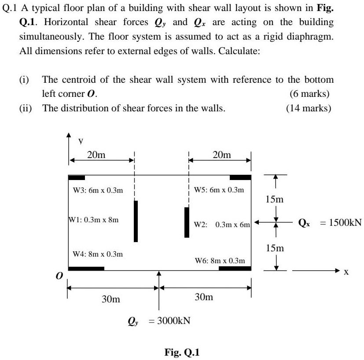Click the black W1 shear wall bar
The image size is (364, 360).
click(136, 221)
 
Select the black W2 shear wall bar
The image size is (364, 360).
click(187, 222)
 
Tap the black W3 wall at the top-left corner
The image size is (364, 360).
click(77, 178)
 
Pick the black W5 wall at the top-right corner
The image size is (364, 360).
click(240, 178)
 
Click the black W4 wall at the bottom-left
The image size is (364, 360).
click(86, 268)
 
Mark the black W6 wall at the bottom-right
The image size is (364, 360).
click(235, 268)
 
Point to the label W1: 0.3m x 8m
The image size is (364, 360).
click(93, 219)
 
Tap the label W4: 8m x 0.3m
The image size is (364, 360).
click(98, 254)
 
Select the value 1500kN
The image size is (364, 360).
click(341, 222)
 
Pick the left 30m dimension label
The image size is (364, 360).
click(110, 299)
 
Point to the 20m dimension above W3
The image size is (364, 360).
click(96, 154)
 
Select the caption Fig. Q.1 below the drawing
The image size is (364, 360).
click(182, 352)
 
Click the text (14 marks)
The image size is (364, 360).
click(308, 108)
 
